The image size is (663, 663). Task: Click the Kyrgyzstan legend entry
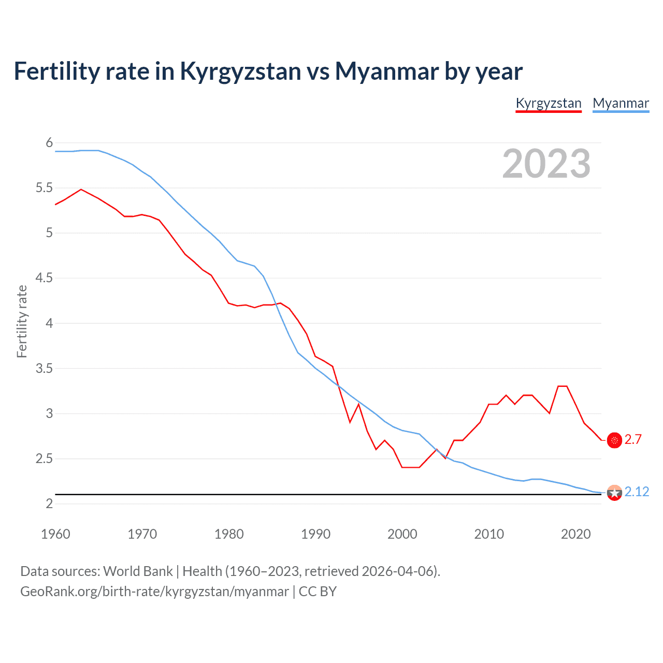(549, 103)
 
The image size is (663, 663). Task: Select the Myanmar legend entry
(621, 103)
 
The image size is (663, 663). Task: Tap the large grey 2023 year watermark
(546, 164)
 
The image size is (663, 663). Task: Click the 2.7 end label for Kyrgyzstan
(633, 440)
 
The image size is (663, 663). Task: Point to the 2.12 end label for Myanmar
(637, 492)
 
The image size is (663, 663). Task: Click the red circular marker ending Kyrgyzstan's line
(614, 440)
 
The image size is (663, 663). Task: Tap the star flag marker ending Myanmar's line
(614, 493)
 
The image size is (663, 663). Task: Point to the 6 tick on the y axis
(49, 142)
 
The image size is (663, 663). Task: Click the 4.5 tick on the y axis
(44, 278)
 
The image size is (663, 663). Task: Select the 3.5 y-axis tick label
(44, 368)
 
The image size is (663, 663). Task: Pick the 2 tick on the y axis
(49, 504)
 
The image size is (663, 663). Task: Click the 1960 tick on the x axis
(55, 534)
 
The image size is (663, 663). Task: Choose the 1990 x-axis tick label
(315, 534)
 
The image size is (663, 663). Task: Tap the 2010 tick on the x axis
(488, 534)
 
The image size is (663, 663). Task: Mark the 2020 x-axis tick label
(575, 534)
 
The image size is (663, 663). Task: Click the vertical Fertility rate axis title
(22, 321)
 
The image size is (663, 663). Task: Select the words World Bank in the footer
(138, 571)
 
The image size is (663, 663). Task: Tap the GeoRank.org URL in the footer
(154, 592)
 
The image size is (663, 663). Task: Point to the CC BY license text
(318, 592)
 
